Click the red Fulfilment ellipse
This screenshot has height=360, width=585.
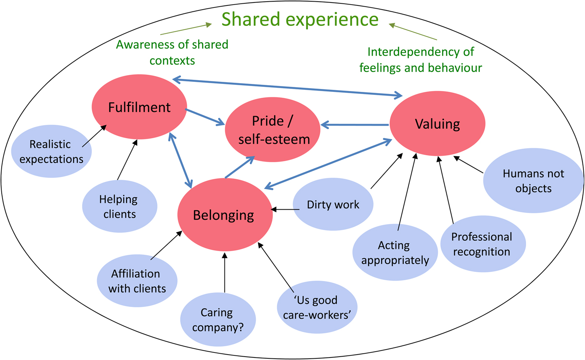pyautogui.click(x=139, y=107)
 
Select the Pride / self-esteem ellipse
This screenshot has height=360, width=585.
pyautogui.click(x=273, y=130)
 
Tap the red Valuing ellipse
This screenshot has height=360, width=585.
pyautogui.click(x=437, y=124)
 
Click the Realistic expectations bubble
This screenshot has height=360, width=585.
pyautogui.click(x=51, y=152)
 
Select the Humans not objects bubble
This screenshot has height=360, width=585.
pyautogui.click(x=533, y=180)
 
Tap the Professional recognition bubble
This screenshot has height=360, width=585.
pyautogui.click(x=482, y=244)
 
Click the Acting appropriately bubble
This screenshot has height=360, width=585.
pyautogui.click(x=395, y=252)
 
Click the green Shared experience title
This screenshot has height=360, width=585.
pyautogui.click(x=300, y=19)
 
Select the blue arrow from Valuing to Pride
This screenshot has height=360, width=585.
pyautogui.click(x=355, y=124)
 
